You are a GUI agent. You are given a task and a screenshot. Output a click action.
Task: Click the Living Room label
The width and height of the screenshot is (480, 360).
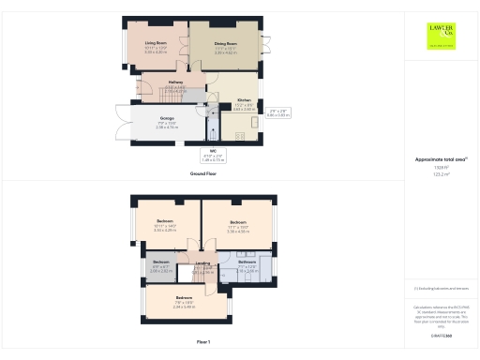[x=155, y=43]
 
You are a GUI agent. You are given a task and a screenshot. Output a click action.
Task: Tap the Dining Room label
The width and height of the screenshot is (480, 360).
[x=226, y=43]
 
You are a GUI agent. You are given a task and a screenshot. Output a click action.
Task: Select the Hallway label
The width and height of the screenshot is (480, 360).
[x=175, y=82]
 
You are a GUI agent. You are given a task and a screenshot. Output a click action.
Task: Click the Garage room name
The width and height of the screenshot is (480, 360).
[x=167, y=119]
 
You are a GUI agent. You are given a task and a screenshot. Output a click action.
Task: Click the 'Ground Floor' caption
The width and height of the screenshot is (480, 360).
[x=203, y=174]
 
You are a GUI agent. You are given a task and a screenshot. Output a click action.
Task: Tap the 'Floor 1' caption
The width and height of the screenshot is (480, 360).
[x=203, y=342]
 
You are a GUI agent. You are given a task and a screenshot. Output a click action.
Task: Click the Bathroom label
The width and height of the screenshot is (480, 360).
[x=247, y=262]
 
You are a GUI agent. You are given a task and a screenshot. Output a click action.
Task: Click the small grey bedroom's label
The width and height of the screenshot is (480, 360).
[x=161, y=262]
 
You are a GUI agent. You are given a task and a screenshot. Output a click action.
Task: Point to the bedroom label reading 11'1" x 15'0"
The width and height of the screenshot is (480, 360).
[x=238, y=222]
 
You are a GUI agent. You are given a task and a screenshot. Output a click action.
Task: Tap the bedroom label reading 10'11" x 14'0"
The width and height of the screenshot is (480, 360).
[x=166, y=221]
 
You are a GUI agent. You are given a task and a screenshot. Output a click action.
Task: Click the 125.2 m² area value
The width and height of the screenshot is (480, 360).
[x=439, y=173]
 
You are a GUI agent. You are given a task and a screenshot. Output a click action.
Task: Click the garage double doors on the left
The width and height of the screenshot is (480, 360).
[x=132, y=124]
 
